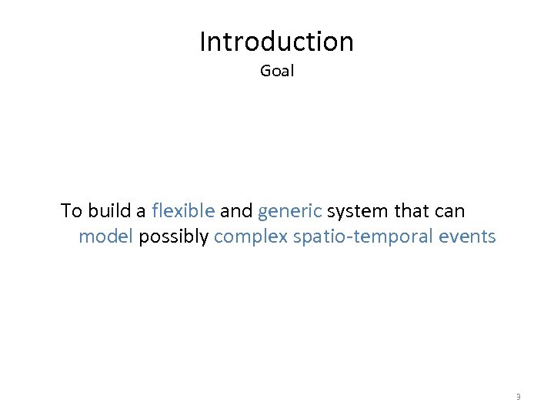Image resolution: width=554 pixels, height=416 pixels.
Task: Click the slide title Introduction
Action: (276, 42)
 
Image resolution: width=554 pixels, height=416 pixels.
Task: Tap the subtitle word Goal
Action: (277, 72)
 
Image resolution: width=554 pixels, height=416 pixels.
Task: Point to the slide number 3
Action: (518, 397)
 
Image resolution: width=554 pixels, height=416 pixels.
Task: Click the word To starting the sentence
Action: (72, 211)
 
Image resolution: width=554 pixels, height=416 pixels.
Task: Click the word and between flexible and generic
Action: (236, 211)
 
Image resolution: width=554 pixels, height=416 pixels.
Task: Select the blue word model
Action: (106, 237)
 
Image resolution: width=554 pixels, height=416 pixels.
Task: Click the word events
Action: (467, 237)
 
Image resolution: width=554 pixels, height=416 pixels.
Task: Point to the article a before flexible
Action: (141, 213)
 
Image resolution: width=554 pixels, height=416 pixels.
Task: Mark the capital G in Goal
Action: (265, 72)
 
